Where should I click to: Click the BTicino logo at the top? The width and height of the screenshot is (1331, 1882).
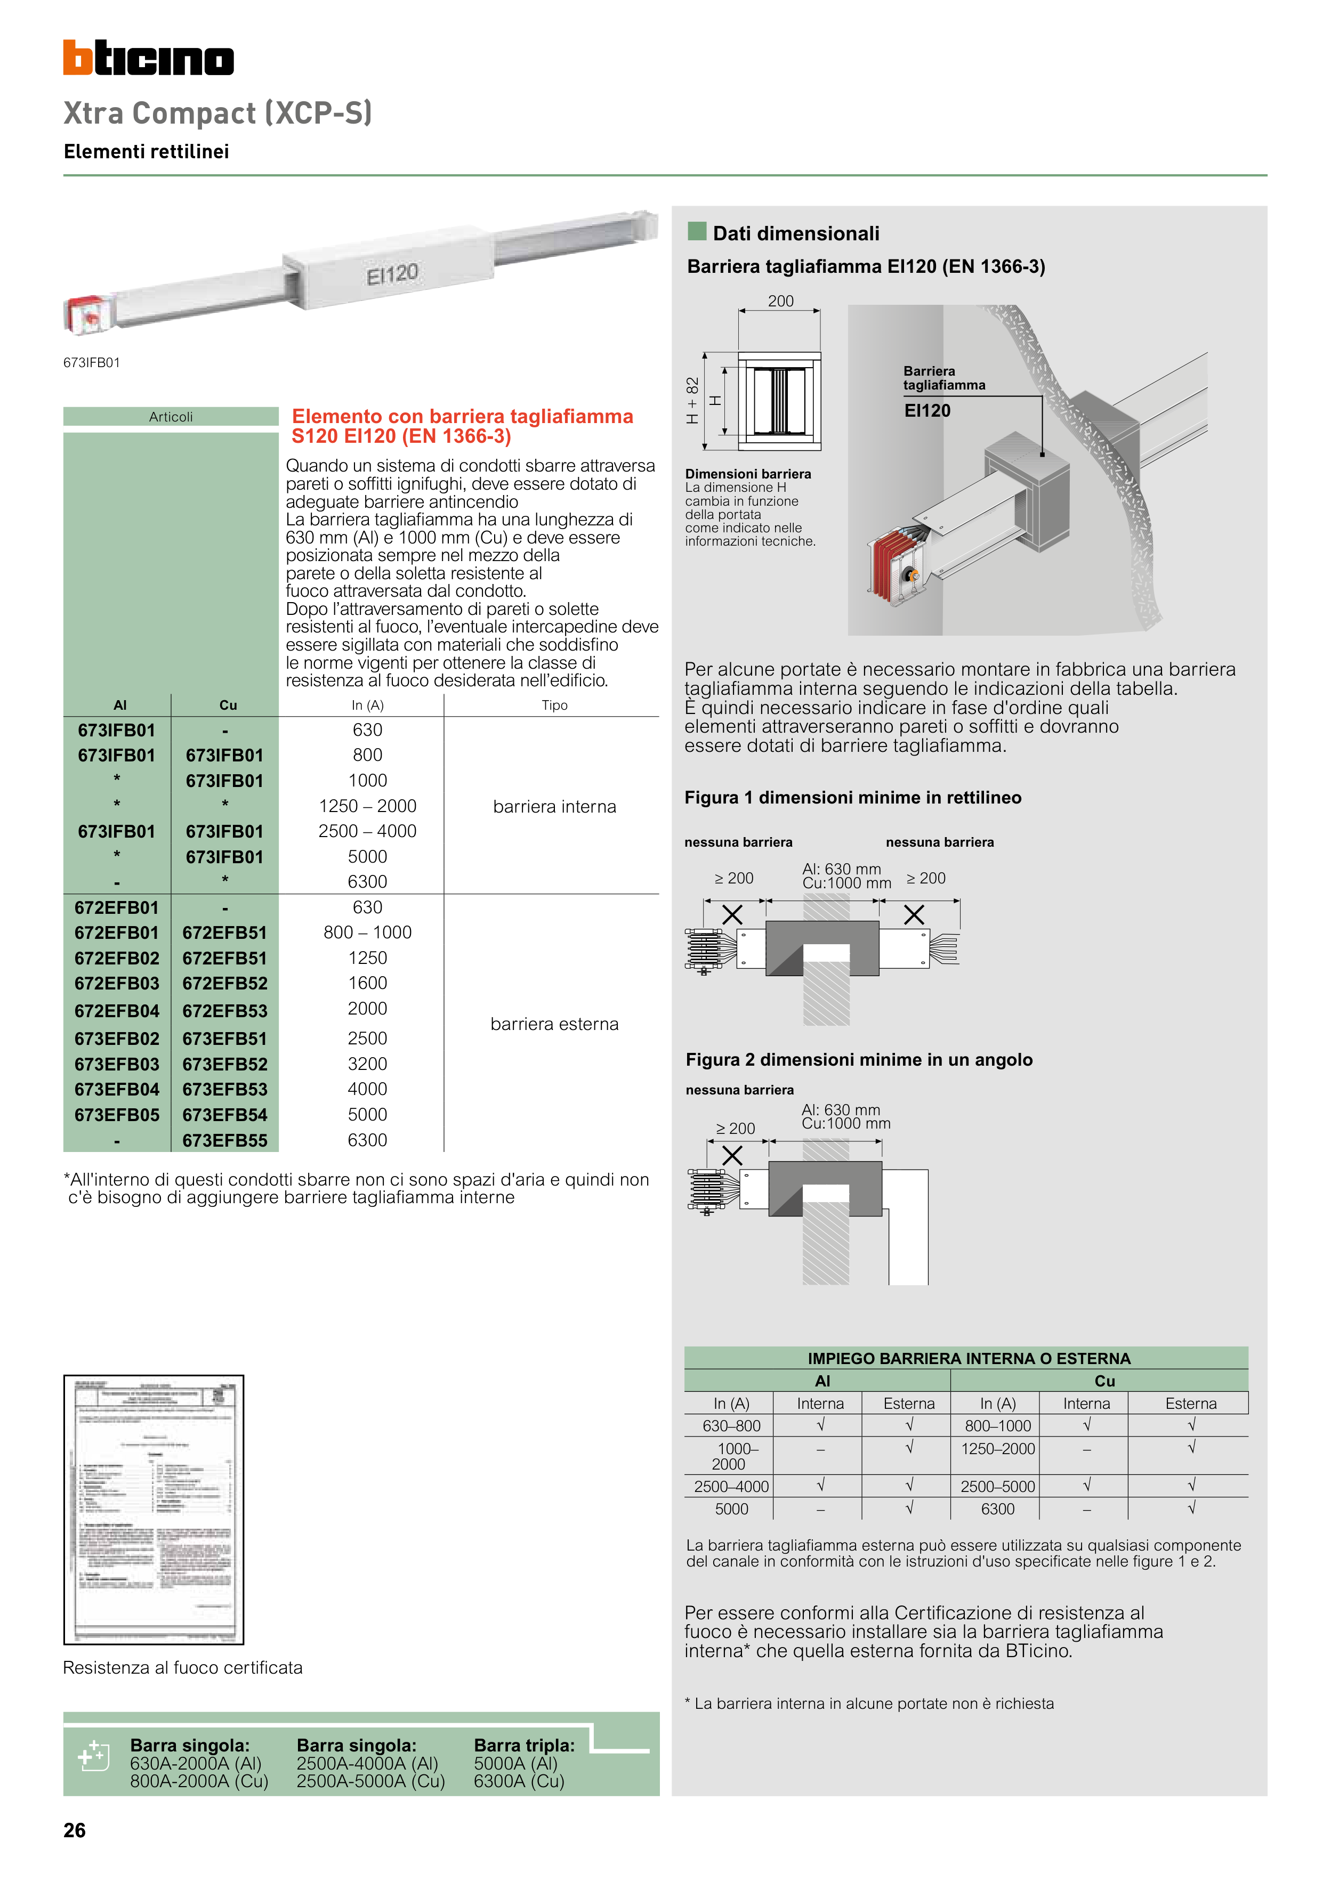[x=148, y=58]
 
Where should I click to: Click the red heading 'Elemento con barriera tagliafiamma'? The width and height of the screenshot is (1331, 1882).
[x=462, y=416]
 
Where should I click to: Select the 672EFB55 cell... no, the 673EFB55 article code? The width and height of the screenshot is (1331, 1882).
[x=225, y=1140]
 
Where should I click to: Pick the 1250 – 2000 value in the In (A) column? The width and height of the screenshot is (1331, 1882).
[x=367, y=806]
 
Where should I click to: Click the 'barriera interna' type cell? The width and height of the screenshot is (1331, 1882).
[x=554, y=807]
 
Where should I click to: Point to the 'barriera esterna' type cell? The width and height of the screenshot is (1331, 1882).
[x=554, y=1024]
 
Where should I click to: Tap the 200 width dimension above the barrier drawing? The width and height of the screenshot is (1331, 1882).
[x=780, y=301]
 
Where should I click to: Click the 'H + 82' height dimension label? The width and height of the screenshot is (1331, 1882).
[x=693, y=400]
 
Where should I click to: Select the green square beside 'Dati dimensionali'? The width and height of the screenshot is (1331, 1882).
[x=697, y=231]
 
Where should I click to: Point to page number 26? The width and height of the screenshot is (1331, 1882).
[x=75, y=1830]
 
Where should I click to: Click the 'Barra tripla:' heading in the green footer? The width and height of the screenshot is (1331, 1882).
[x=524, y=1745]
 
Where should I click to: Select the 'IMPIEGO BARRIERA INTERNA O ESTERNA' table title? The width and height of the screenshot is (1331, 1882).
[x=969, y=1358]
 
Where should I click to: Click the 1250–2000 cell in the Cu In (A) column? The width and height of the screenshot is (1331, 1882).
[x=997, y=1448]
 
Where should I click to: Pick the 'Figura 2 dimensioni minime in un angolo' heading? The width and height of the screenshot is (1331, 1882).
[x=859, y=1060]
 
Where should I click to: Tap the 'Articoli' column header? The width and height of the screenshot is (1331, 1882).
[x=171, y=416]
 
